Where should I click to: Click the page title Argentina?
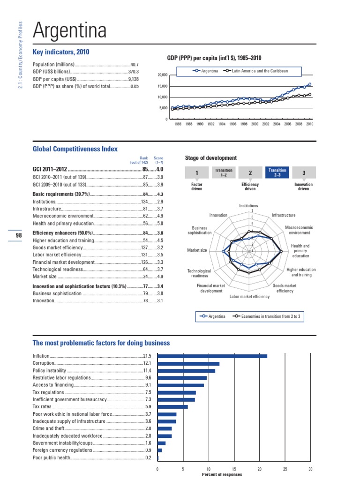[x=69, y=31]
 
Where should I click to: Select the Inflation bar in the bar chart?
[x=212, y=356]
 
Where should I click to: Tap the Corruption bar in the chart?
[x=188, y=363]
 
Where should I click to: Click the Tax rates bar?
[x=172, y=407]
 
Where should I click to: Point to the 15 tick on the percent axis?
[x=234, y=469]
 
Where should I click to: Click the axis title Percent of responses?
[x=222, y=474]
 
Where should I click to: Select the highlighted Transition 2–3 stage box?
[x=277, y=173]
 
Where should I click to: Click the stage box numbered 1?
[x=196, y=173]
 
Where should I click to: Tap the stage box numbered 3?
[x=304, y=173]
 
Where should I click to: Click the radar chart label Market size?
[x=197, y=250]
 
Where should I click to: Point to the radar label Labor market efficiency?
[x=249, y=297]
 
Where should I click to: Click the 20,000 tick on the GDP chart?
[x=162, y=75]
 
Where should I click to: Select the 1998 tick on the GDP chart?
[x=244, y=124]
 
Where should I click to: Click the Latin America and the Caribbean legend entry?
[x=256, y=71]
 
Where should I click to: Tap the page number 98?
[x=19, y=236]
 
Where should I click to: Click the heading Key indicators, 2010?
[x=61, y=52]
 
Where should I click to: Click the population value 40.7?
[x=135, y=65]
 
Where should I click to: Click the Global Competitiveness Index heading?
[x=75, y=149]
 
